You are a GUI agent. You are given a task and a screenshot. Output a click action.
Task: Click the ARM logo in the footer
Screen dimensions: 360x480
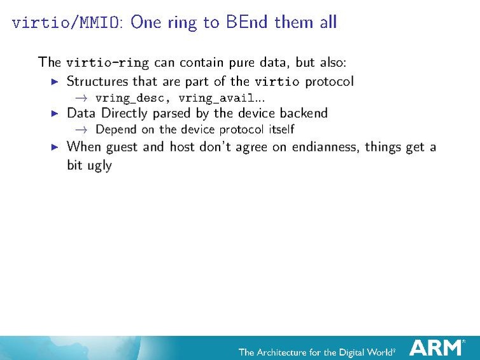point(437,348)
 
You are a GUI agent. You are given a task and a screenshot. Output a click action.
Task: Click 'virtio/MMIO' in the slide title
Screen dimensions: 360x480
point(68,23)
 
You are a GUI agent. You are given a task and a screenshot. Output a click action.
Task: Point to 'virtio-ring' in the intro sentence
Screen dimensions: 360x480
point(108,62)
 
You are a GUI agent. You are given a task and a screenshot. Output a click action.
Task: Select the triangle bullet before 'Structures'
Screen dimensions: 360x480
point(54,81)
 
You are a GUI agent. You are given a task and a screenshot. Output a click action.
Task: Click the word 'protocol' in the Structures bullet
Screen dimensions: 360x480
point(329,82)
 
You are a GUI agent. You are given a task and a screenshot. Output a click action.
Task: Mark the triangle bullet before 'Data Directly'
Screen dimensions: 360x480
point(54,114)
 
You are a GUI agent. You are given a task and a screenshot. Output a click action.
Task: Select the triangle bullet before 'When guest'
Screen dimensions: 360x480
point(54,146)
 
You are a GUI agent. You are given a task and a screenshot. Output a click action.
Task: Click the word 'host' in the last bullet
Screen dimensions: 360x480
point(182,146)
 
